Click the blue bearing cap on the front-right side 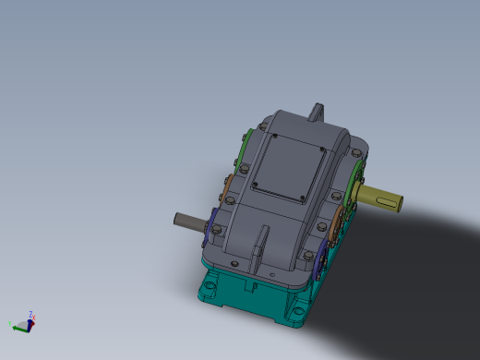click(319, 262)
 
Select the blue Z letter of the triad click(32, 314)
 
